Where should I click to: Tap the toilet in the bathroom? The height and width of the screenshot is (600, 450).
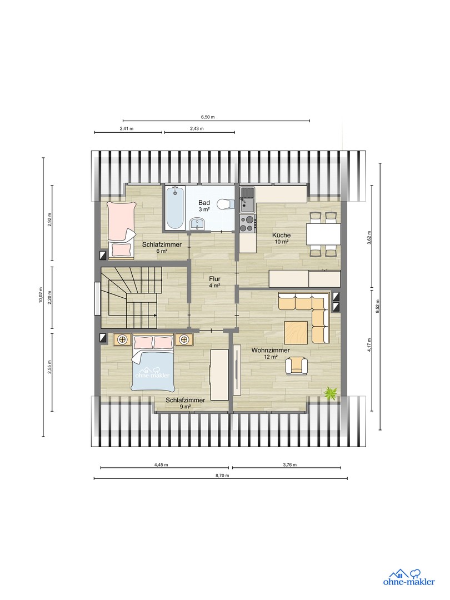[x=223, y=204]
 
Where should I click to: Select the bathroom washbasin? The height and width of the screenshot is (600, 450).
[x=198, y=224]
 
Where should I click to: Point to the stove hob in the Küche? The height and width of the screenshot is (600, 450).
[x=247, y=224]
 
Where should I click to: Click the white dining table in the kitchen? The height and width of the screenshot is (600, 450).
[x=323, y=234]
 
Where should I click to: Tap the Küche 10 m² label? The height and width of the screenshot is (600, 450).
[x=281, y=238]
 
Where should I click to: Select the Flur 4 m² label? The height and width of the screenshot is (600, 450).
[x=215, y=282]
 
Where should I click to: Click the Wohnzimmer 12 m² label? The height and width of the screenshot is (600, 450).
[x=271, y=354]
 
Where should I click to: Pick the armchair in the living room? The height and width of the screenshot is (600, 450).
[x=297, y=365]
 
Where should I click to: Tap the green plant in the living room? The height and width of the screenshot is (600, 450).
[x=331, y=393]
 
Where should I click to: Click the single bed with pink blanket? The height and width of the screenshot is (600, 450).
[x=121, y=229]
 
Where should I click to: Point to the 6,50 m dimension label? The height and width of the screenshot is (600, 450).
[x=208, y=117]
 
